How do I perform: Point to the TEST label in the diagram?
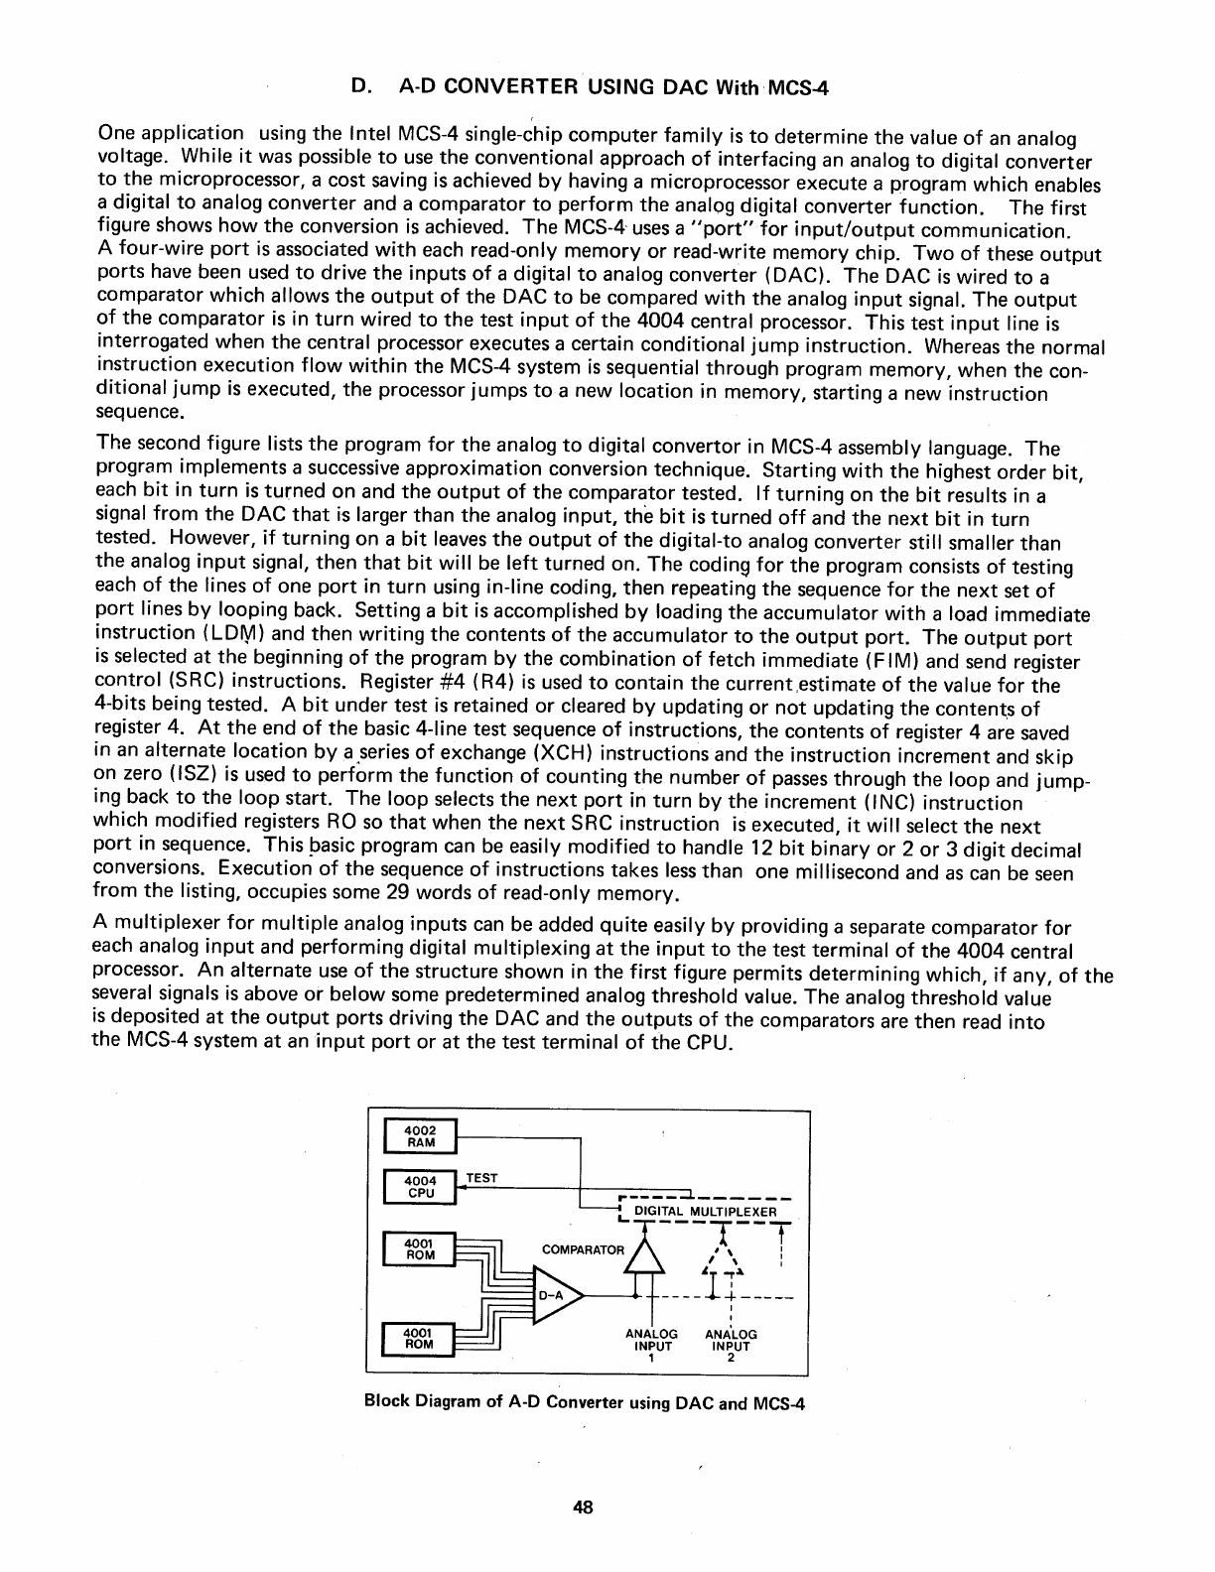(x=481, y=1178)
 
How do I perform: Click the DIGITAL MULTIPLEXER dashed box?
(x=704, y=1212)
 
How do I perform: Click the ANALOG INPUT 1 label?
(x=651, y=1346)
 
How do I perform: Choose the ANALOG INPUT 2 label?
(x=731, y=1346)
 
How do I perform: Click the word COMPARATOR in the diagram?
(x=584, y=1249)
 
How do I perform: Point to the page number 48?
(x=583, y=1507)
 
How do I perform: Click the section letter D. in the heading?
(x=362, y=86)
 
